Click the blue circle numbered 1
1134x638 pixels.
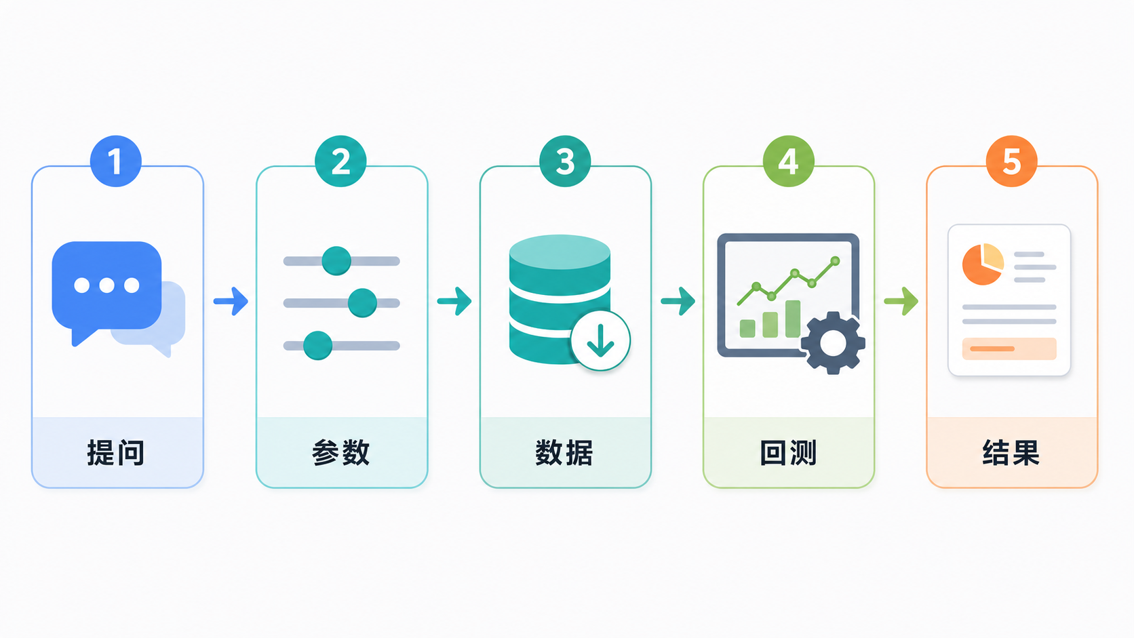coord(115,161)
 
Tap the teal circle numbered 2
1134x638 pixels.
coord(340,161)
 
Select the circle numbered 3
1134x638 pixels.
coord(565,161)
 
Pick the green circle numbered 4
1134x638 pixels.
coord(788,161)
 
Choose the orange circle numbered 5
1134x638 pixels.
coord(1011,161)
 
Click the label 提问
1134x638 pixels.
coord(116,452)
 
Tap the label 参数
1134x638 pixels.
coord(340,452)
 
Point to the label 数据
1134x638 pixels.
coord(564,452)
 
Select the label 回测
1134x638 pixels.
coord(788,452)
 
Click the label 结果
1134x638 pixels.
coord(1011,452)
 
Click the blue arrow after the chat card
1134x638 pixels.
coord(231,302)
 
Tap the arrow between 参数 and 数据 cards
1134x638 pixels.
coord(454,302)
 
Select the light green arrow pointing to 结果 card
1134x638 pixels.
coord(901,302)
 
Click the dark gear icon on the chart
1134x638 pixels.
coord(833,343)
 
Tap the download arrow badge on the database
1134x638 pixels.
coord(600,340)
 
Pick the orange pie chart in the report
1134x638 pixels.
coord(983,264)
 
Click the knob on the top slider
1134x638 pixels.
coord(336,261)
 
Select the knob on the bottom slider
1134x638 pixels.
coord(318,346)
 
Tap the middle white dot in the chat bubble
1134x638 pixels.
coord(106,285)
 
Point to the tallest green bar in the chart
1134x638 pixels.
coord(793,319)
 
